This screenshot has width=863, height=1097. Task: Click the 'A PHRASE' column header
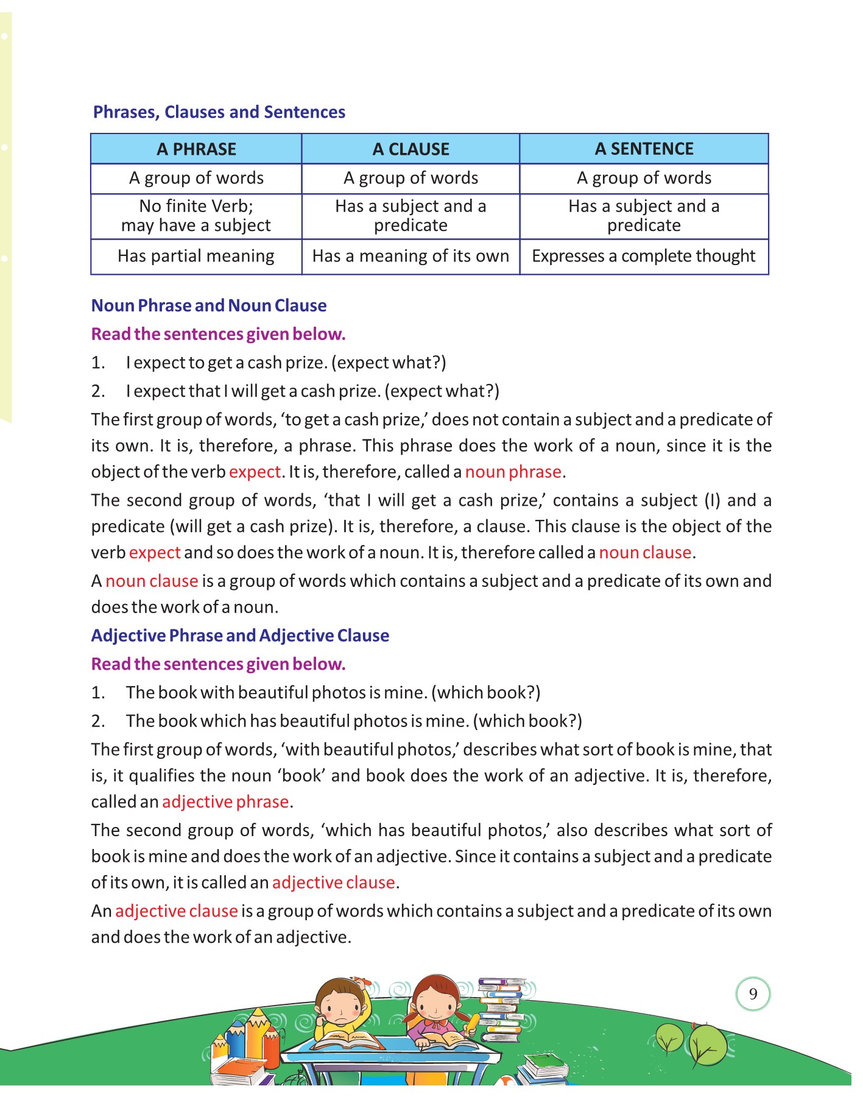[196, 149]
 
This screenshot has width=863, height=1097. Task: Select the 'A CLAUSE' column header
[410, 149]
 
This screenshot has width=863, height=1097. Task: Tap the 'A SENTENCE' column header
[644, 149]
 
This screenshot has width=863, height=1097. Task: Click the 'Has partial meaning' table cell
[196, 256]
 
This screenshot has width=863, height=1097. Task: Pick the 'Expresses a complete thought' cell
[644, 256]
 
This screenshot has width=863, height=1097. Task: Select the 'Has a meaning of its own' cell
[410, 256]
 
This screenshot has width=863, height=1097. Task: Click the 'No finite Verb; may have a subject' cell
[196, 216]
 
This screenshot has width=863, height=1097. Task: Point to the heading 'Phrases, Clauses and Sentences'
[219, 112]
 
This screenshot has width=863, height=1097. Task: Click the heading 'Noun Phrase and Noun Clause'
[209, 305]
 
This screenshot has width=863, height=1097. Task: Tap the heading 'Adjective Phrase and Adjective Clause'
[240, 635]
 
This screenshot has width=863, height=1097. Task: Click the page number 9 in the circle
[753, 994]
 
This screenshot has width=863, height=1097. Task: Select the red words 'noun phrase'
[513, 472]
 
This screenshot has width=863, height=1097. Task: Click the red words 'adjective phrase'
[225, 801]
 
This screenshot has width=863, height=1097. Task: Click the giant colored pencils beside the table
[251, 1036]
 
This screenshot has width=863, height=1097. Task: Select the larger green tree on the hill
[708, 1045]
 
